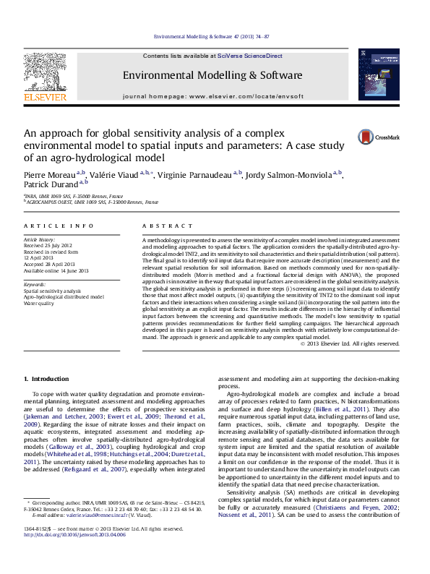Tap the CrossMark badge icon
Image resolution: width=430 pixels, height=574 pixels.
coord(368,137)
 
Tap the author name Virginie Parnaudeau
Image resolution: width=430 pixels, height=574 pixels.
coord(199,175)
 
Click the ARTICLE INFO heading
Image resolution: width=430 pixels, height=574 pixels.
coord(59,226)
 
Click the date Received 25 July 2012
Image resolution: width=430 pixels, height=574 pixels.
coord(48,245)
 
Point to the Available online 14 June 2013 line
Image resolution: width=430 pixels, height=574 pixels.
coord(56,271)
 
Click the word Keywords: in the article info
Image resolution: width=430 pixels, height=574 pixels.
coord(35,284)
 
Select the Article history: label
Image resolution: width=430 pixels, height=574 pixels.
coord(40,239)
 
